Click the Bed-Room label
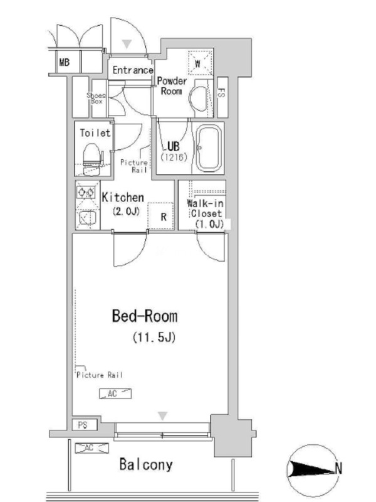[145, 316]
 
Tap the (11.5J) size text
[154, 337]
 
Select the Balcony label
[146, 464]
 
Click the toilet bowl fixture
[91, 158]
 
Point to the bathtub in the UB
[209, 148]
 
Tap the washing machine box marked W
[200, 63]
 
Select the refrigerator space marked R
[160, 216]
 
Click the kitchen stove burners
[86, 193]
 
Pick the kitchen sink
[87, 218]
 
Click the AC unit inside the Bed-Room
[115, 393]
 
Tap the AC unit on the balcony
[91, 448]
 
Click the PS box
[84, 425]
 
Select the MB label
[65, 61]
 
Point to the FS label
[221, 93]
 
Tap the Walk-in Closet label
[206, 213]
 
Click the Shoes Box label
[97, 98]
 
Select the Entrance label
[133, 70]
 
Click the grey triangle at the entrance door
[127, 44]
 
